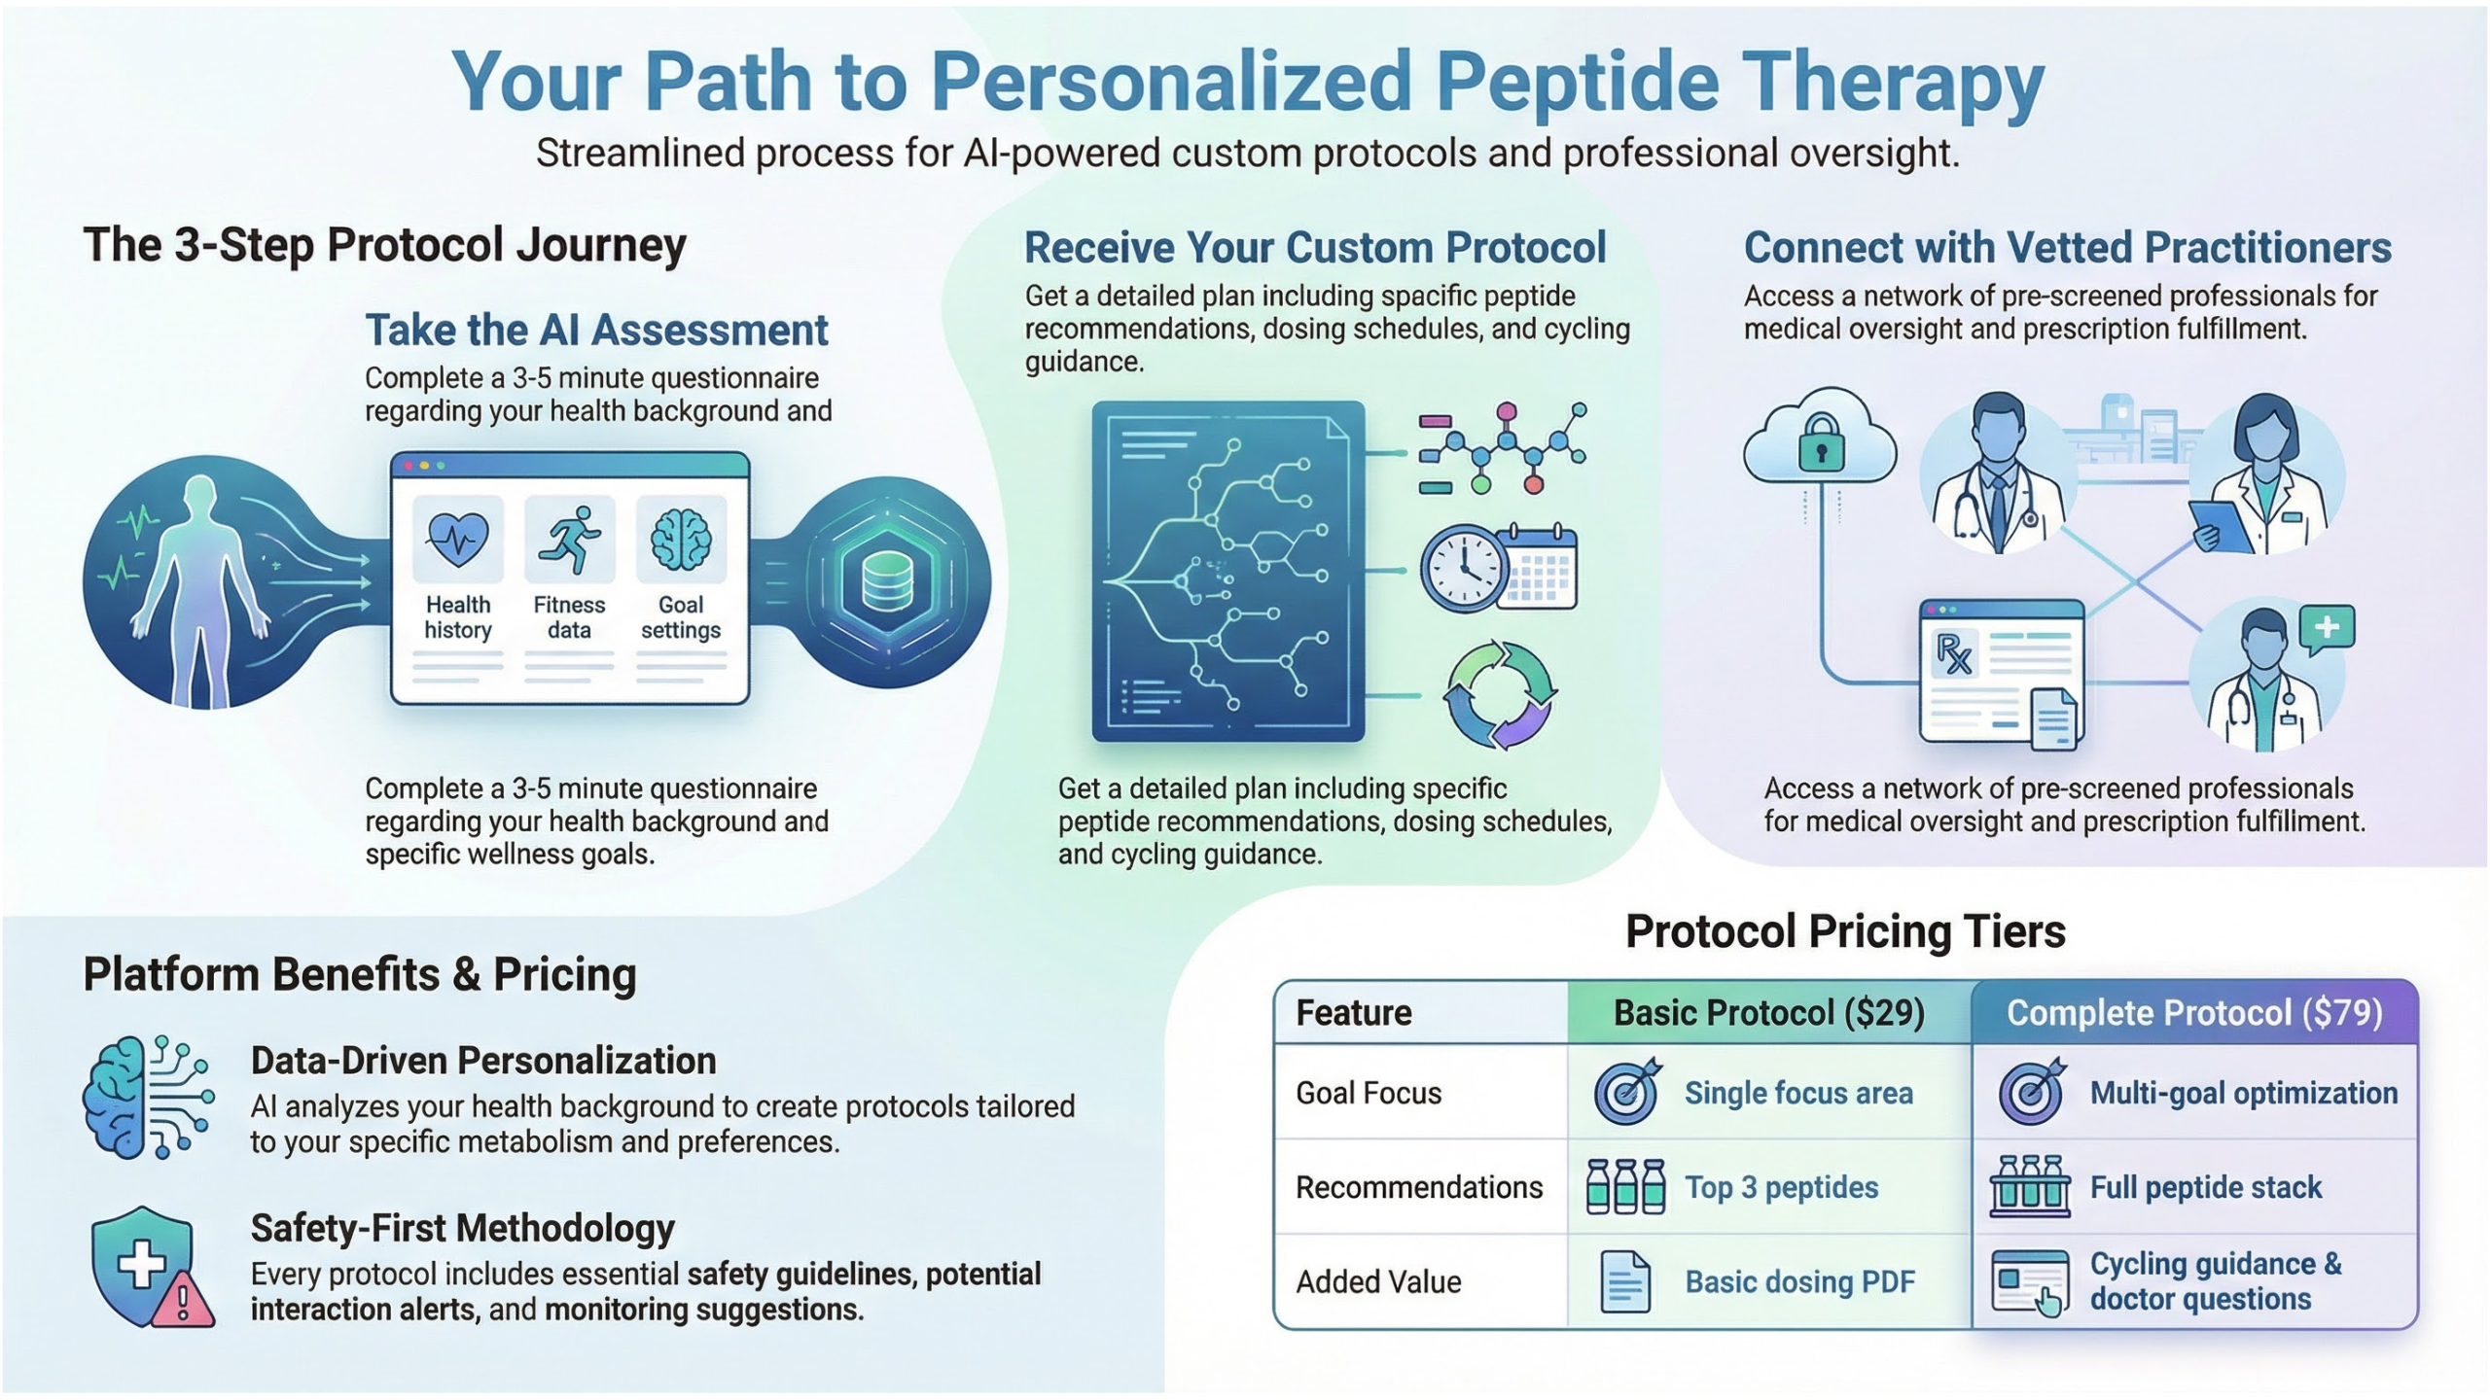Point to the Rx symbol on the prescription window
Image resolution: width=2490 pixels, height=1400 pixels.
tap(1953, 653)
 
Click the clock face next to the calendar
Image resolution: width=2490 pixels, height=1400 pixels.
tap(1462, 569)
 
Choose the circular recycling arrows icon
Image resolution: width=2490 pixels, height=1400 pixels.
tap(1499, 695)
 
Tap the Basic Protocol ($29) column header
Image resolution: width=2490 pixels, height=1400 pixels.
tap(1768, 1013)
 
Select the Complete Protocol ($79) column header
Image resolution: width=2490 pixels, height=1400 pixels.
tap(2194, 1013)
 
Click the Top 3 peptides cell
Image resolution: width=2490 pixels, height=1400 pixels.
tap(1781, 1187)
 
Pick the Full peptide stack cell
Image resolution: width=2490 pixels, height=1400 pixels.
tap(2205, 1187)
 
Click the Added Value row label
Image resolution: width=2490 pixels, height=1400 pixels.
tap(1378, 1281)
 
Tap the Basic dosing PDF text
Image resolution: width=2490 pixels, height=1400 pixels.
tap(1799, 1281)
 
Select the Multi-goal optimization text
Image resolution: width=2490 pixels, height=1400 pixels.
tap(2243, 1093)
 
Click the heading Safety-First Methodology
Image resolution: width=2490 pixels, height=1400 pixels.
tap(462, 1228)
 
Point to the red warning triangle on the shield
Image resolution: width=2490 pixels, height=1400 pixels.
tap(183, 1300)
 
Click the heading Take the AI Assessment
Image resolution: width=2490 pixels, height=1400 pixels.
tap(596, 331)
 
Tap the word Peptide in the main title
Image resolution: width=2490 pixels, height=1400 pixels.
tap(1578, 82)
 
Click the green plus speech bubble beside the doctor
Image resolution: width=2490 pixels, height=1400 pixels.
tap(2327, 627)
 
